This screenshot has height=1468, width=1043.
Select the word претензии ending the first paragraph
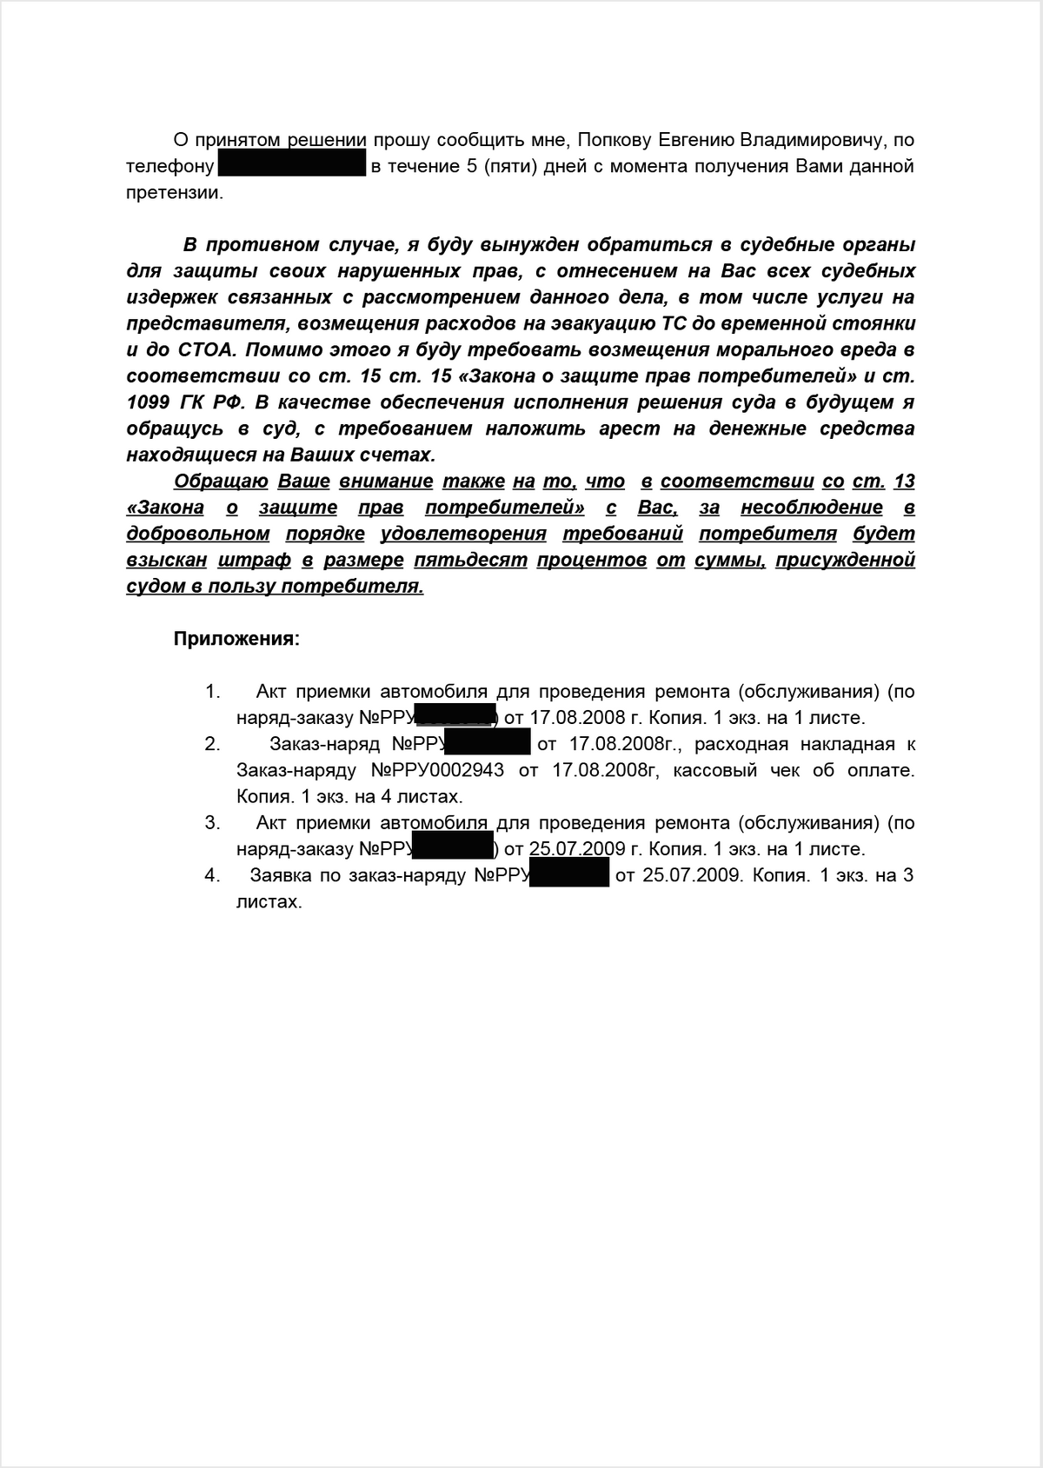point(174,193)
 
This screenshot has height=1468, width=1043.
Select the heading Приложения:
point(236,639)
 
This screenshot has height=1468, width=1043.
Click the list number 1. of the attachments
point(213,692)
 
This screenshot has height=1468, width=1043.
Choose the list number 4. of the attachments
point(213,875)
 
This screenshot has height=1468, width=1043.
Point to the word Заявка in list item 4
point(281,875)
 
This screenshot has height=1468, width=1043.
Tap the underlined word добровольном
point(198,534)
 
